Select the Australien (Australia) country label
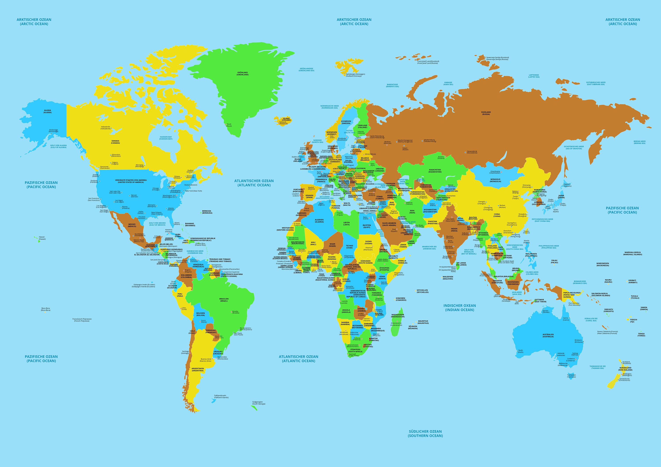click(x=548, y=336)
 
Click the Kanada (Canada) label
click(x=115, y=142)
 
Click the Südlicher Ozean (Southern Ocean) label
click(x=425, y=433)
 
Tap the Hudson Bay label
click(x=166, y=138)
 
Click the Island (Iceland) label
click(x=286, y=119)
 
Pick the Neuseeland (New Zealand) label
click(x=625, y=369)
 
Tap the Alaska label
click(x=48, y=111)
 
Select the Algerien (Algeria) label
click(x=319, y=221)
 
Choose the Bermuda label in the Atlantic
click(x=207, y=212)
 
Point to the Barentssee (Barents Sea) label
click(x=392, y=85)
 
